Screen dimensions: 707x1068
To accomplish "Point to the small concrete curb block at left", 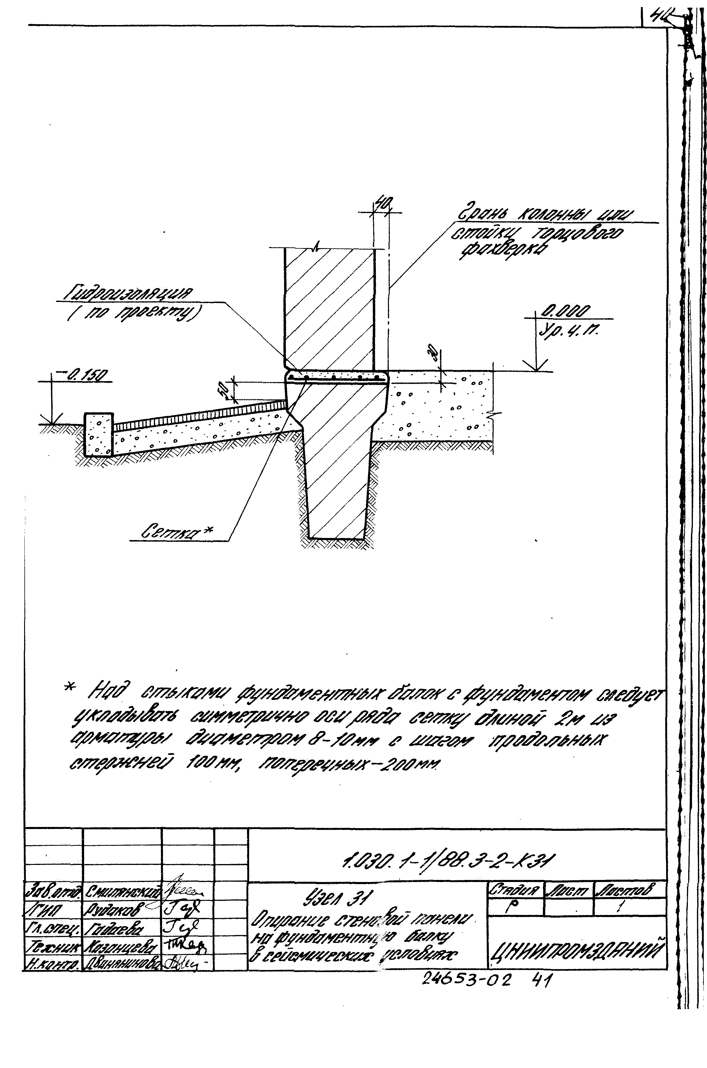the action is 99,433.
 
